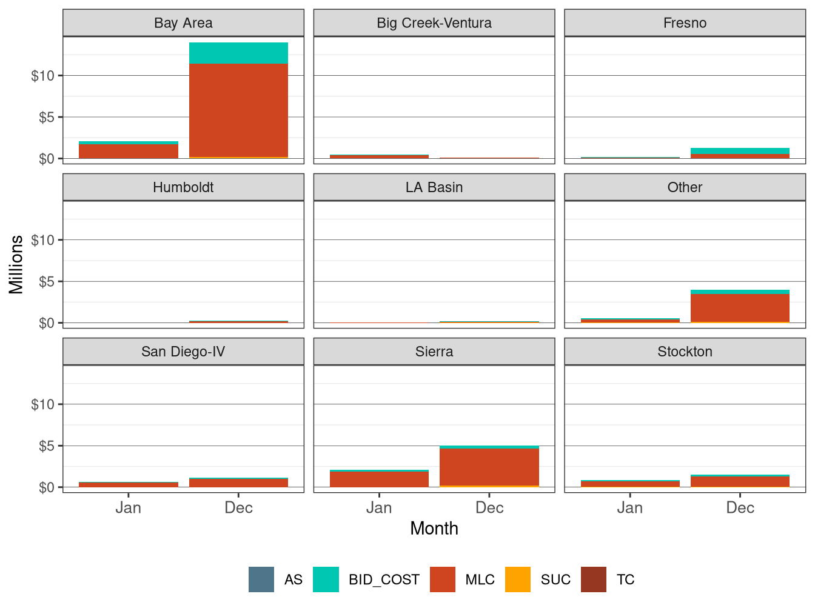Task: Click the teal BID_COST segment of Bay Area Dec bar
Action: (x=238, y=53)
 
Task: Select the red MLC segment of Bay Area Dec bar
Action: (x=238, y=110)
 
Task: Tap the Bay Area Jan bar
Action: (x=129, y=150)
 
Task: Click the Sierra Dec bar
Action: (x=489, y=467)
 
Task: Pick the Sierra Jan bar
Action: (x=379, y=479)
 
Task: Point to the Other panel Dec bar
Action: (x=740, y=307)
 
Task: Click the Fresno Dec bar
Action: (x=740, y=153)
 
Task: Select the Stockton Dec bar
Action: (x=740, y=481)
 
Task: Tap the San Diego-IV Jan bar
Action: (x=129, y=484)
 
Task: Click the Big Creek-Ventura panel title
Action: (x=434, y=23)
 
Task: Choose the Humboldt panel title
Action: (x=183, y=187)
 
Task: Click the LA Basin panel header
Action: (x=434, y=187)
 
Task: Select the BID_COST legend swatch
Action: (x=326, y=579)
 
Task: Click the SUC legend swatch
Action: (x=518, y=579)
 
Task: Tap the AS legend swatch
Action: (x=261, y=579)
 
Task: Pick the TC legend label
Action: (x=625, y=580)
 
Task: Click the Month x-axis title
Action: (x=434, y=529)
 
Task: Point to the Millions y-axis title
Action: (x=16, y=264)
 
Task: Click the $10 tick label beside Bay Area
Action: (x=42, y=76)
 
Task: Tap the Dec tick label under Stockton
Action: (x=740, y=508)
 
